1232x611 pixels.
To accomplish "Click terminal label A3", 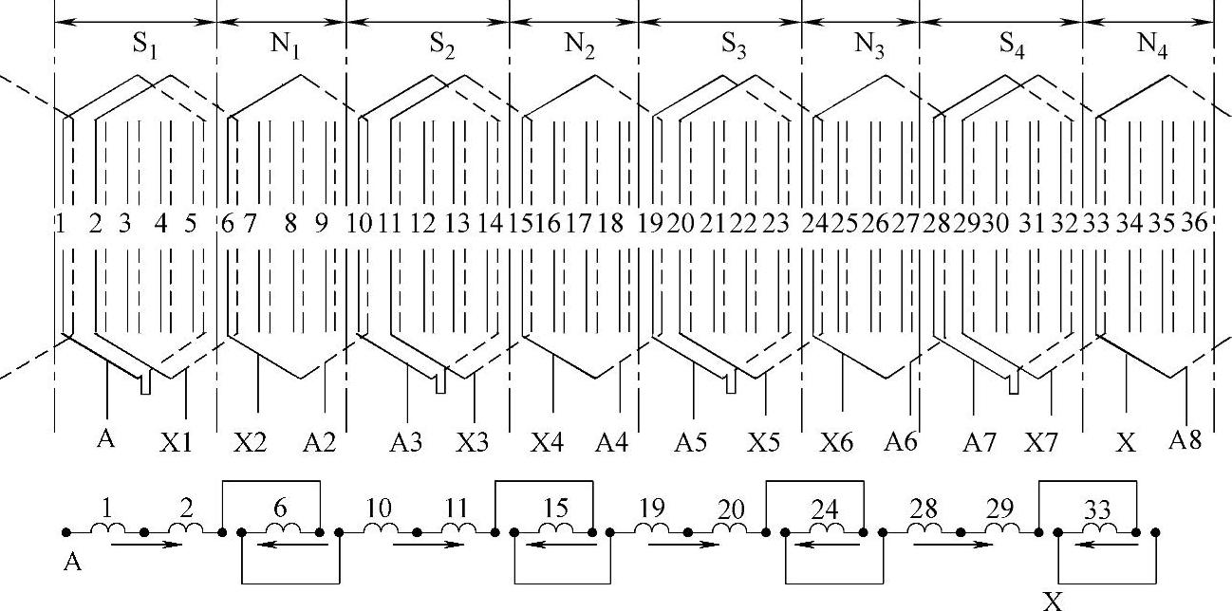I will pos(407,443).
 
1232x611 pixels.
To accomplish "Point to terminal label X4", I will pos(547,443).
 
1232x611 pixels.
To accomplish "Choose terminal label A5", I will pos(690,443).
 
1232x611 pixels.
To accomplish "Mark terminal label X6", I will pos(836,443).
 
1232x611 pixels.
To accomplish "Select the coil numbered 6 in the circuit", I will pos(280,527).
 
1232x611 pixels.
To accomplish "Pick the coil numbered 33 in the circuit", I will pos(1096,527).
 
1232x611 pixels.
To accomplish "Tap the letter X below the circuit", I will pos(1051,601).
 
